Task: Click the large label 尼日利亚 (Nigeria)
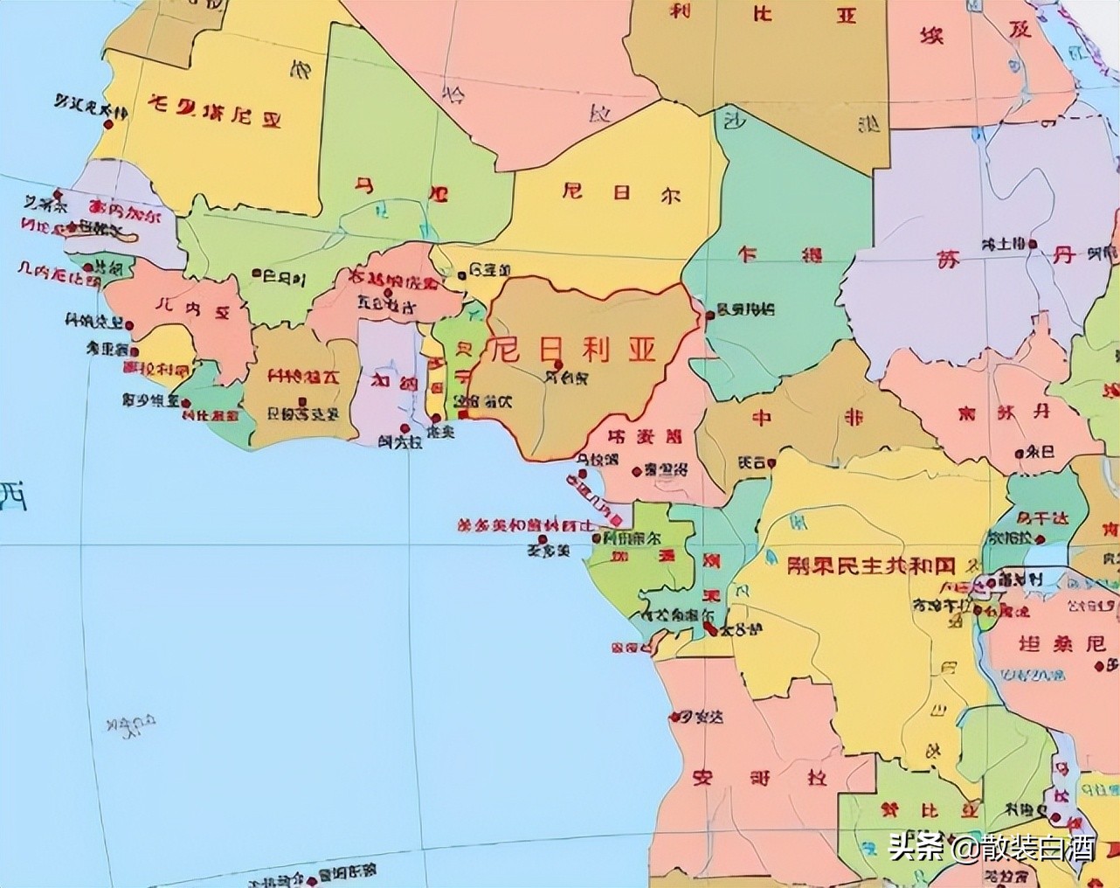(x=572, y=350)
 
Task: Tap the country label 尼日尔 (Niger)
(x=621, y=194)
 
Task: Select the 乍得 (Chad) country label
(x=781, y=255)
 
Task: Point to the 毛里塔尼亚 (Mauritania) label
(x=215, y=113)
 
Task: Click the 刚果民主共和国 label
(x=870, y=565)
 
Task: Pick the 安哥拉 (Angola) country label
(x=758, y=777)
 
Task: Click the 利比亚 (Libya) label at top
(x=760, y=13)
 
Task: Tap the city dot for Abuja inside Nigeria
(x=558, y=364)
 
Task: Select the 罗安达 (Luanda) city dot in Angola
(x=673, y=717)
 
